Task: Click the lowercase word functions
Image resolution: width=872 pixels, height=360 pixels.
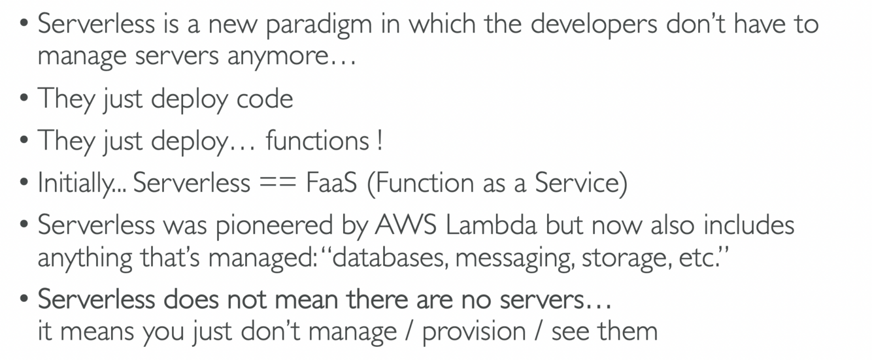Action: click(317, 141)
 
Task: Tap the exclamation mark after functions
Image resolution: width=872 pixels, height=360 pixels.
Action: click(380, 141)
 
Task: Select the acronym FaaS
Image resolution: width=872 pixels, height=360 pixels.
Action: click(331, 184)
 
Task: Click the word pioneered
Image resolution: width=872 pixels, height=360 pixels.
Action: click(275, 226)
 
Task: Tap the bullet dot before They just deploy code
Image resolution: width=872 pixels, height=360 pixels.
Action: click(24, 99)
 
